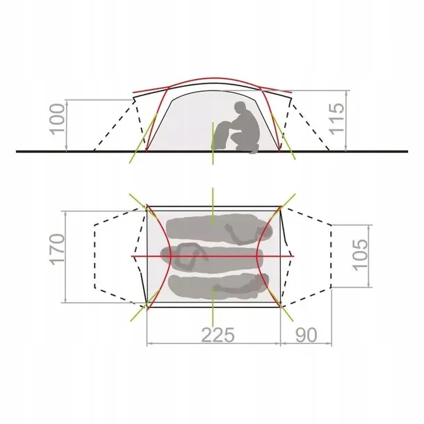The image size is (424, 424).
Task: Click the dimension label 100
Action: (58, 120)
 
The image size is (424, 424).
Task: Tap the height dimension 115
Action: (336, 119)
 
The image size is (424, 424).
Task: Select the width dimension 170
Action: (57, 250)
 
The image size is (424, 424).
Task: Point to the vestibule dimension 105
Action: (361, 254)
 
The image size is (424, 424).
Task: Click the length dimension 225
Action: (218, 335)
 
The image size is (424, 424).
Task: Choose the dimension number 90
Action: (306, 335)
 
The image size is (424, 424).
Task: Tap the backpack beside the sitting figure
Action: (222, 135)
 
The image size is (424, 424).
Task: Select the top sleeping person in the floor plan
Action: (219, 229)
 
